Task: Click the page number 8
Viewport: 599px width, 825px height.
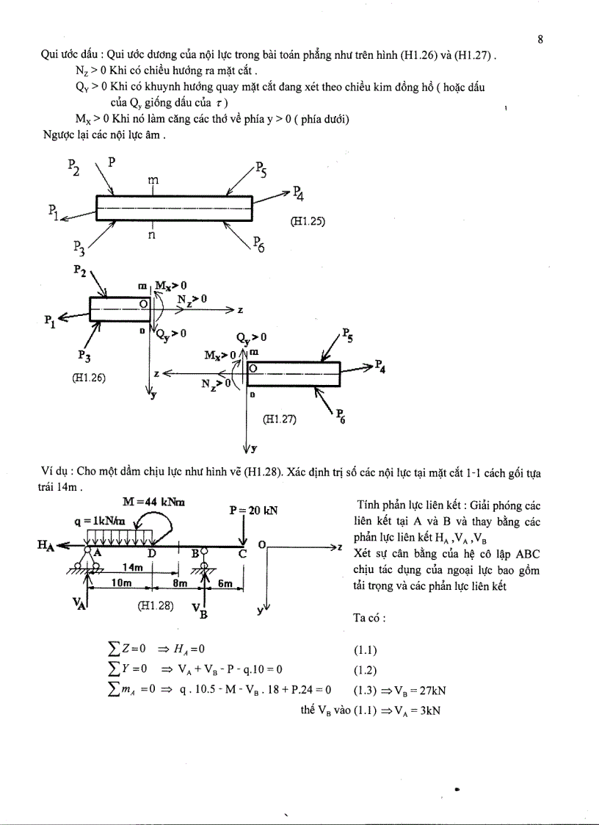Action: (x=540, y=40)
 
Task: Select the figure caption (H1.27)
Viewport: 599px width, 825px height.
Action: (x=280, y=419)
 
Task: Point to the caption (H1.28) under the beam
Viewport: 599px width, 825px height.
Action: (x=154, y=606)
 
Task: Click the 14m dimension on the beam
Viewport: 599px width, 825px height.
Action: (x=132, y=567)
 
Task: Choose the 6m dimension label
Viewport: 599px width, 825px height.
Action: (x=225, y=583)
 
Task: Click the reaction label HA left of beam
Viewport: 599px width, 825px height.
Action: (x=46, y=544)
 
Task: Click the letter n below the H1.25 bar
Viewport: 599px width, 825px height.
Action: (x=152, y=235)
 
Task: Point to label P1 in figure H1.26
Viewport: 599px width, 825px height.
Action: (x=50, y=320)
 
